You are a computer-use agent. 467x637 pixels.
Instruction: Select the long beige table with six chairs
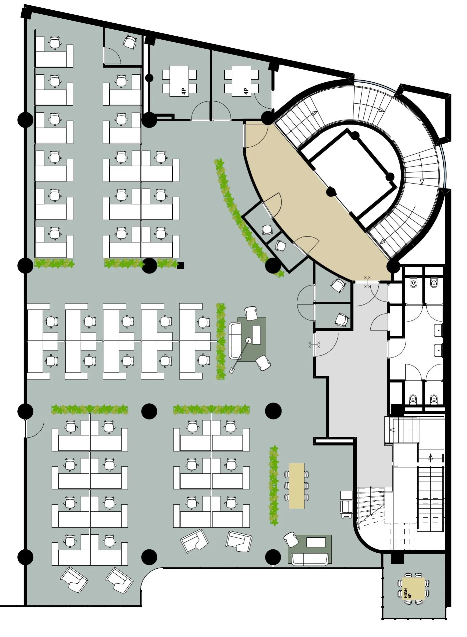click(296, 485)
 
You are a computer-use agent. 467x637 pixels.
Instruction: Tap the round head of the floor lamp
click(248, 340)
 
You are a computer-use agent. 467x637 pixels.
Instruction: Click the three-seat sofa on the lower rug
click(310, 559)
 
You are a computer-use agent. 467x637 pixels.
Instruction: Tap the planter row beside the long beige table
click(274, 485)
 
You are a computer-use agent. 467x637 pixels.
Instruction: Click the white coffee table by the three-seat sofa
click(316, 542)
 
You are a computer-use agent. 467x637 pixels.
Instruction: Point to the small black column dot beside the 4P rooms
click(150, 78)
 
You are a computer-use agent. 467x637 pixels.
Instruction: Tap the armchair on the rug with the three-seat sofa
click(291, 539)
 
